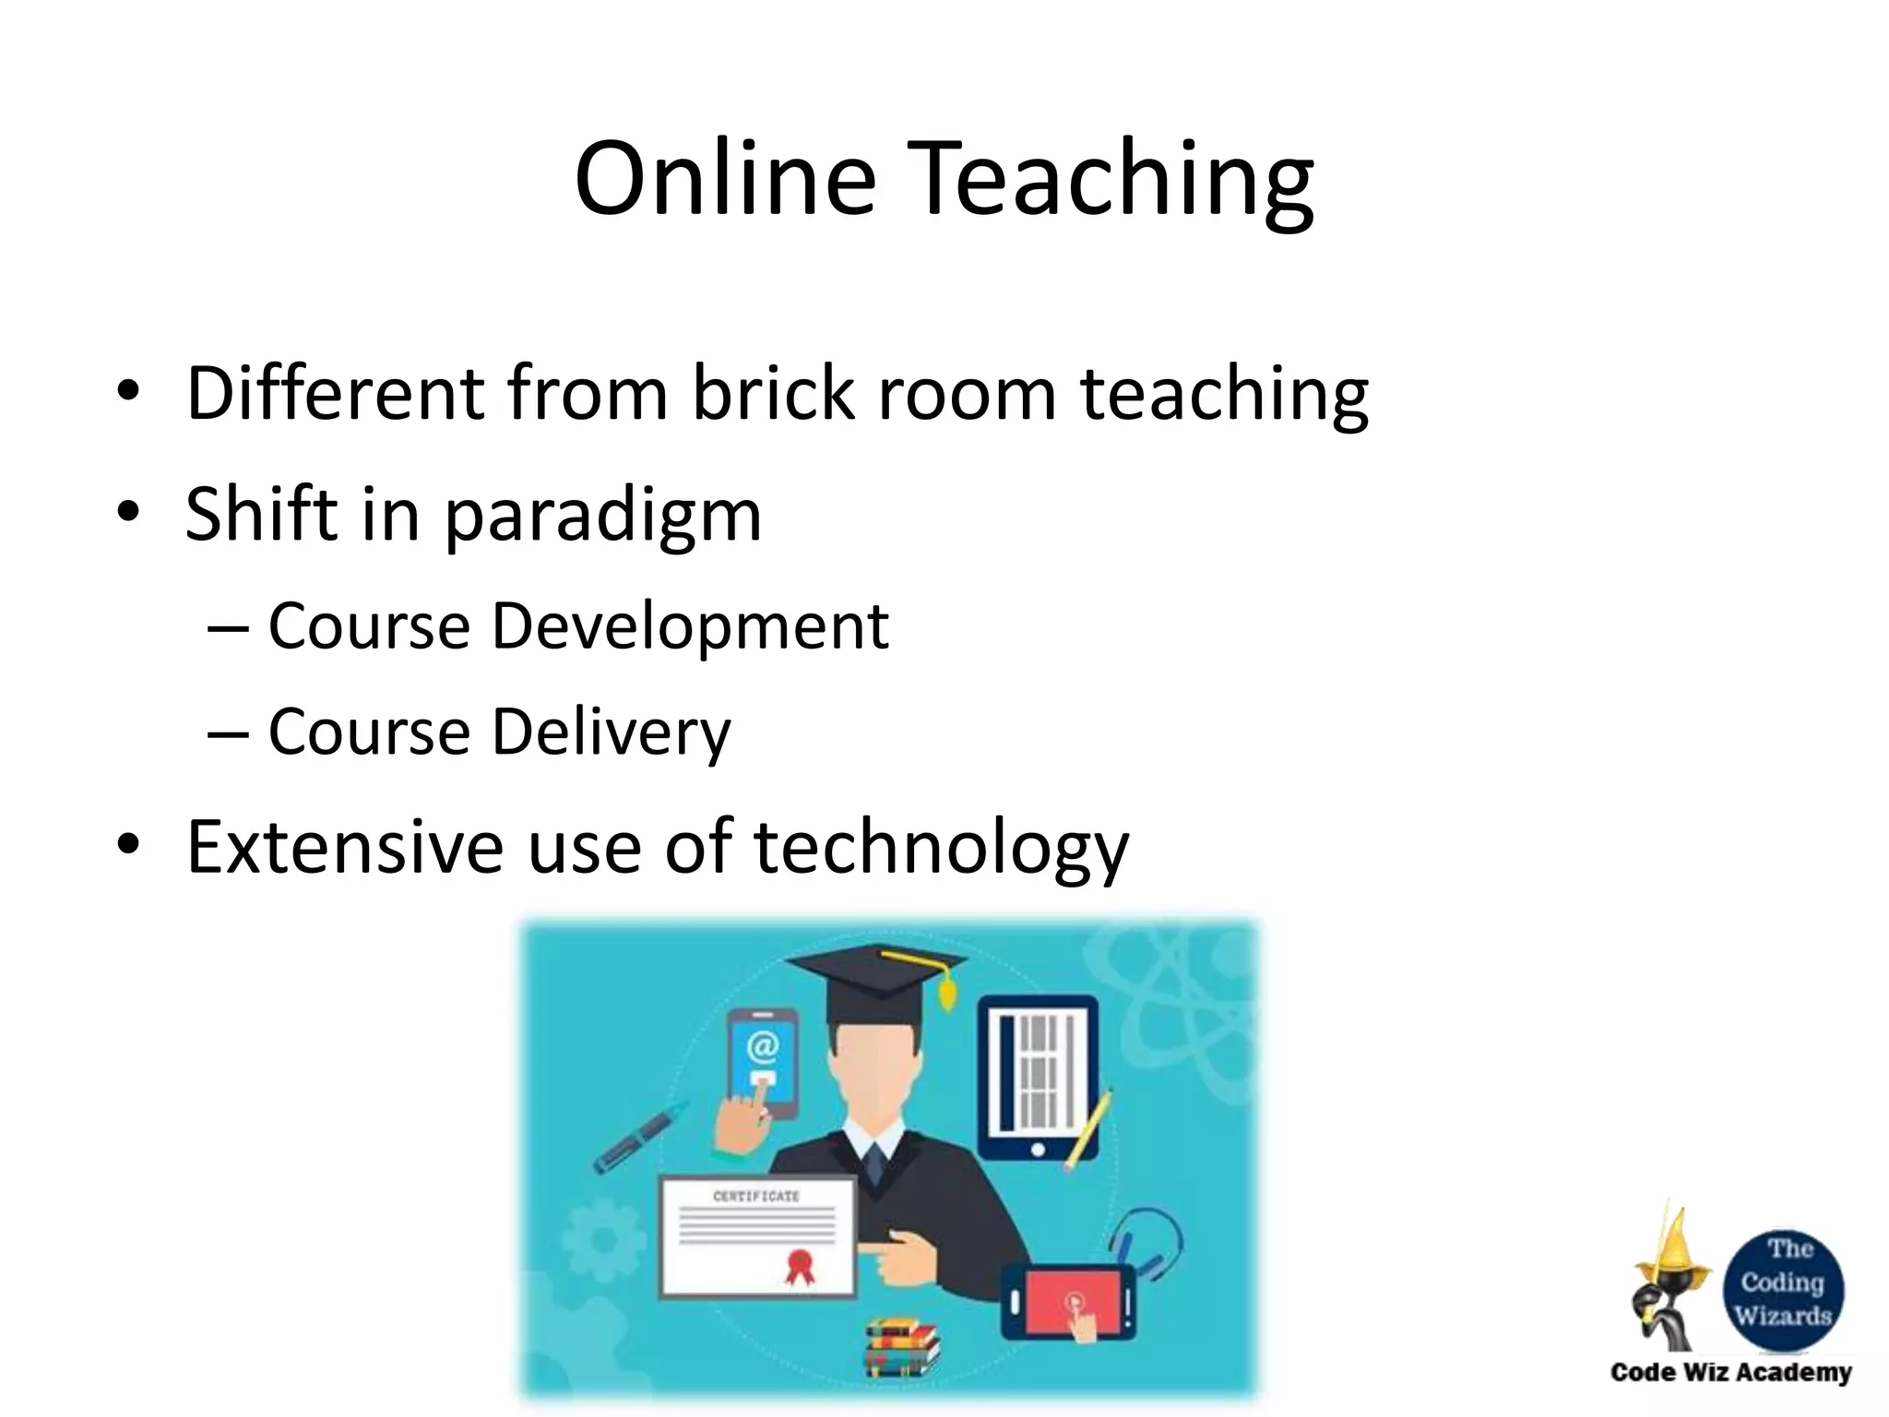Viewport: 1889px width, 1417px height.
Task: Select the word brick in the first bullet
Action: click(x=773, y=393)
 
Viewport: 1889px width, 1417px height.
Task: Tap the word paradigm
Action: click(x=603, y=517)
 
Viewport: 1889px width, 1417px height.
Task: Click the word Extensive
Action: click(x=344, y=846)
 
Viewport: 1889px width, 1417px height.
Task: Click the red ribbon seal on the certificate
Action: click(x=800, y=1266)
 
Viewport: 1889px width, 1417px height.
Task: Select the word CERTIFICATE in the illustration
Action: click(x=756, y=1197)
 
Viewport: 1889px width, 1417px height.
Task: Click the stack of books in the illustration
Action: click(x=901, y=1346)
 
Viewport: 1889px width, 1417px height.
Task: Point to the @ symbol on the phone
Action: click(x=763, y=1046)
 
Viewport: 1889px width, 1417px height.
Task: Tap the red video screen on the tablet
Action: click(x=1071, y=1302)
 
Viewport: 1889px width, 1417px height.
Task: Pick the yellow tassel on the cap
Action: click(x=944, y=991)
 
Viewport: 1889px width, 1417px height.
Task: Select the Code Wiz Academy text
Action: click(x=1730, y=1373)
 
